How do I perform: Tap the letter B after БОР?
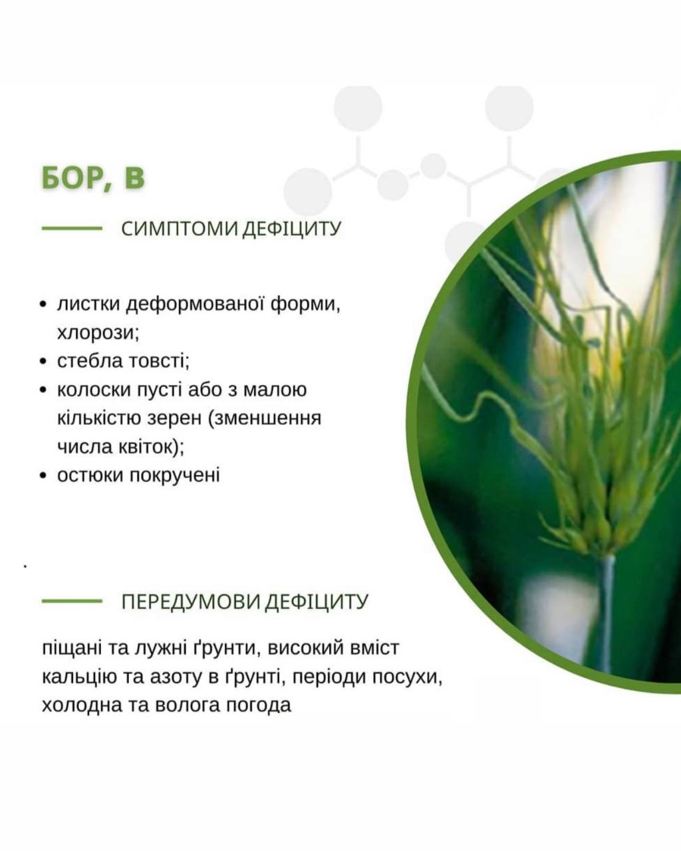(134, 178)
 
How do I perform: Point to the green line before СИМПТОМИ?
(72, 228)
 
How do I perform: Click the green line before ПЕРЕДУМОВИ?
(72, 601)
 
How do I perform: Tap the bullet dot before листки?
(43, 305)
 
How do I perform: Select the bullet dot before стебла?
(43, 362)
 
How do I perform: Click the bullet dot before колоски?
(43, 390)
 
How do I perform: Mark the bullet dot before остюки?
(43, 476)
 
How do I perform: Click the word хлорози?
(98, 333)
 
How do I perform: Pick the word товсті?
(160, 362)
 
